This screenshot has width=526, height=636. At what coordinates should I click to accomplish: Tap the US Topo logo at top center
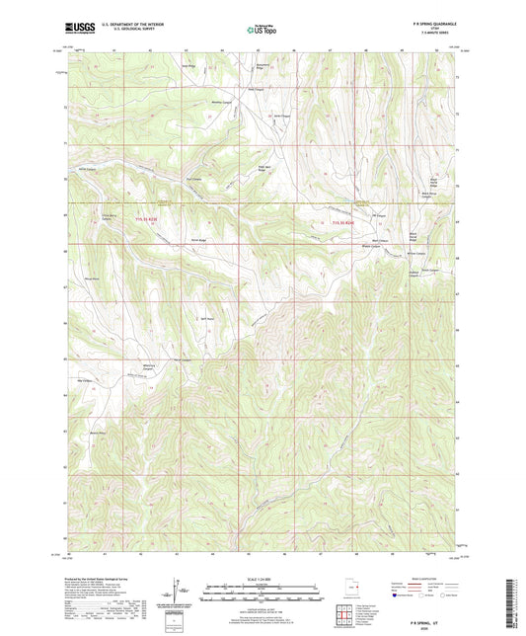click(x=262, y=30)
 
